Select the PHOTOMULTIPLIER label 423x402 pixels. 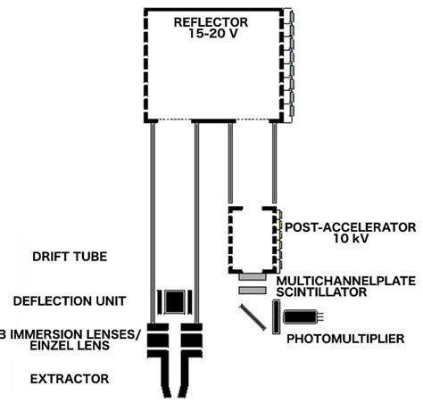344,339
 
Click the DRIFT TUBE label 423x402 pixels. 69,257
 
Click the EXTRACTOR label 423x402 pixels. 69,379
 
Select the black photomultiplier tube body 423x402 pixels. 300,314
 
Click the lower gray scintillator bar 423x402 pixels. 252,291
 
